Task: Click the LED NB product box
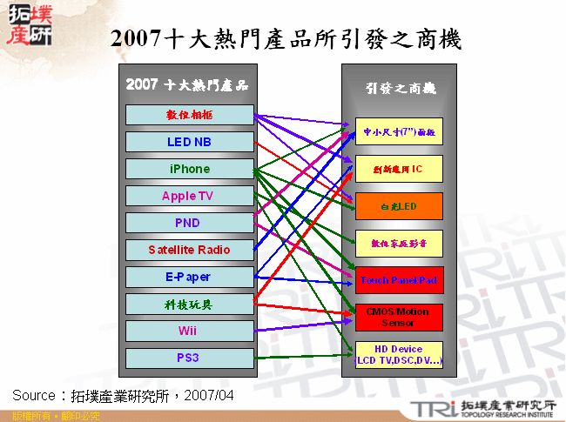point(189,142)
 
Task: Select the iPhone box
point(189,169)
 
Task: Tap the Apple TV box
point(189,196)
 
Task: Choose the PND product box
point(189,223)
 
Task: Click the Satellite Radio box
point(189,250)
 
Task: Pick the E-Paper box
point(189,277)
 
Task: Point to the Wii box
point(189,331)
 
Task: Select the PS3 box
point(189,358)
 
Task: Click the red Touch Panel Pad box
point(399,280)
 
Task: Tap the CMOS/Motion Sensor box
point(399,318)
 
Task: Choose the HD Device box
point(399,355)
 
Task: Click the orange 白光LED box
point(399,206)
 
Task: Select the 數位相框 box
point(189,115)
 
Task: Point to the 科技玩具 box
point(189,304)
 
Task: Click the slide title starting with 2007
point(286,39)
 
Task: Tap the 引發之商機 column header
point(401,89)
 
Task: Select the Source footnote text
point(123,395)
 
